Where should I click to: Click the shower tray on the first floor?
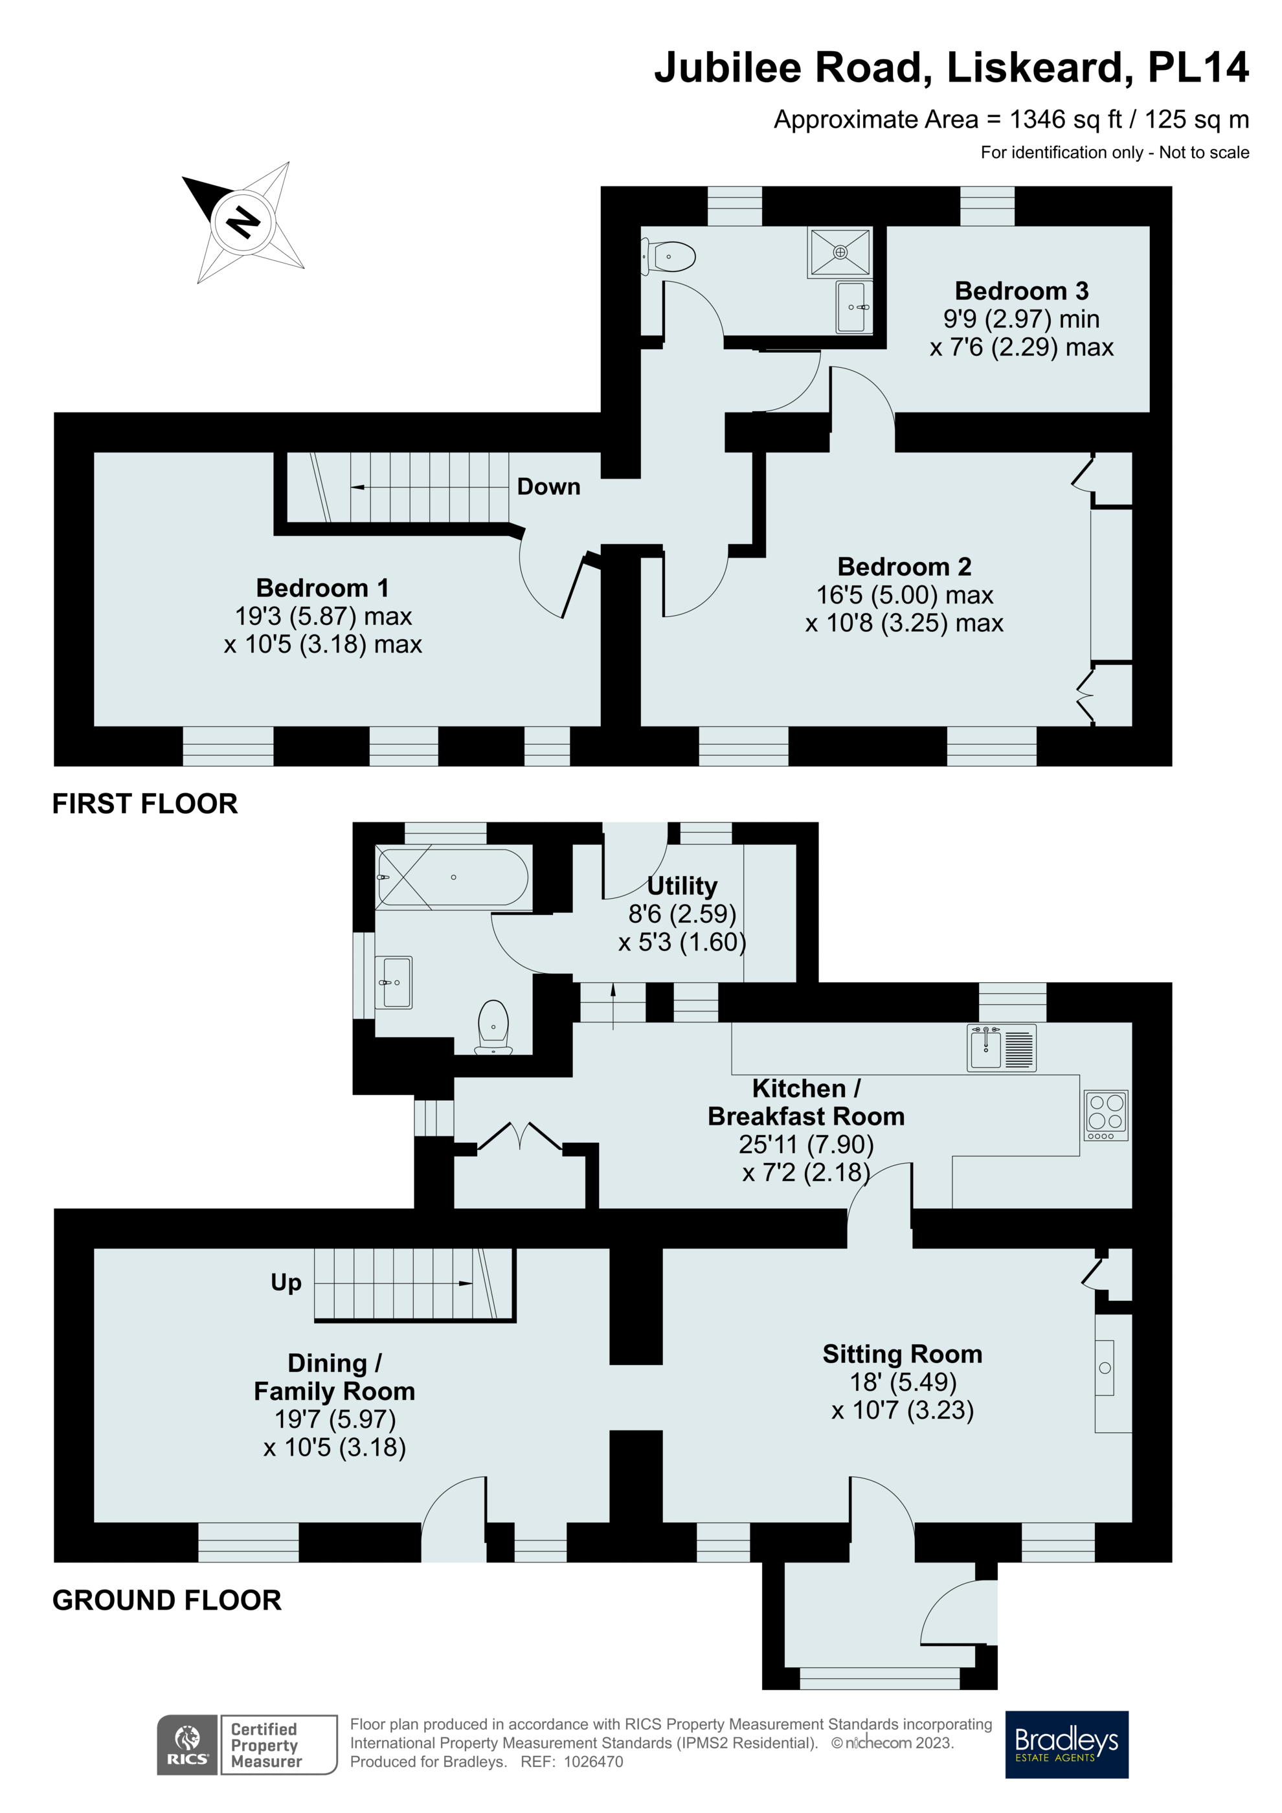click(x=840, y=253)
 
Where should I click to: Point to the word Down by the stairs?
click(x=548, y=486)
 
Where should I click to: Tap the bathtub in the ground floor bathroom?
click(x=453, y=877)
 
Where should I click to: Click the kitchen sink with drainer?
click(x=1001, y=1048)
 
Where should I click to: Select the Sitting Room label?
click(x=903, y=1353)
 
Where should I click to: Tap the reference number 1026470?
click(x=593, y=1762)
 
